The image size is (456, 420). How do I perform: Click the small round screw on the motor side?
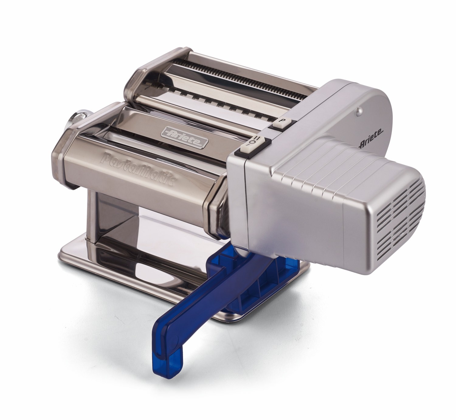[x=361, y=110]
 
